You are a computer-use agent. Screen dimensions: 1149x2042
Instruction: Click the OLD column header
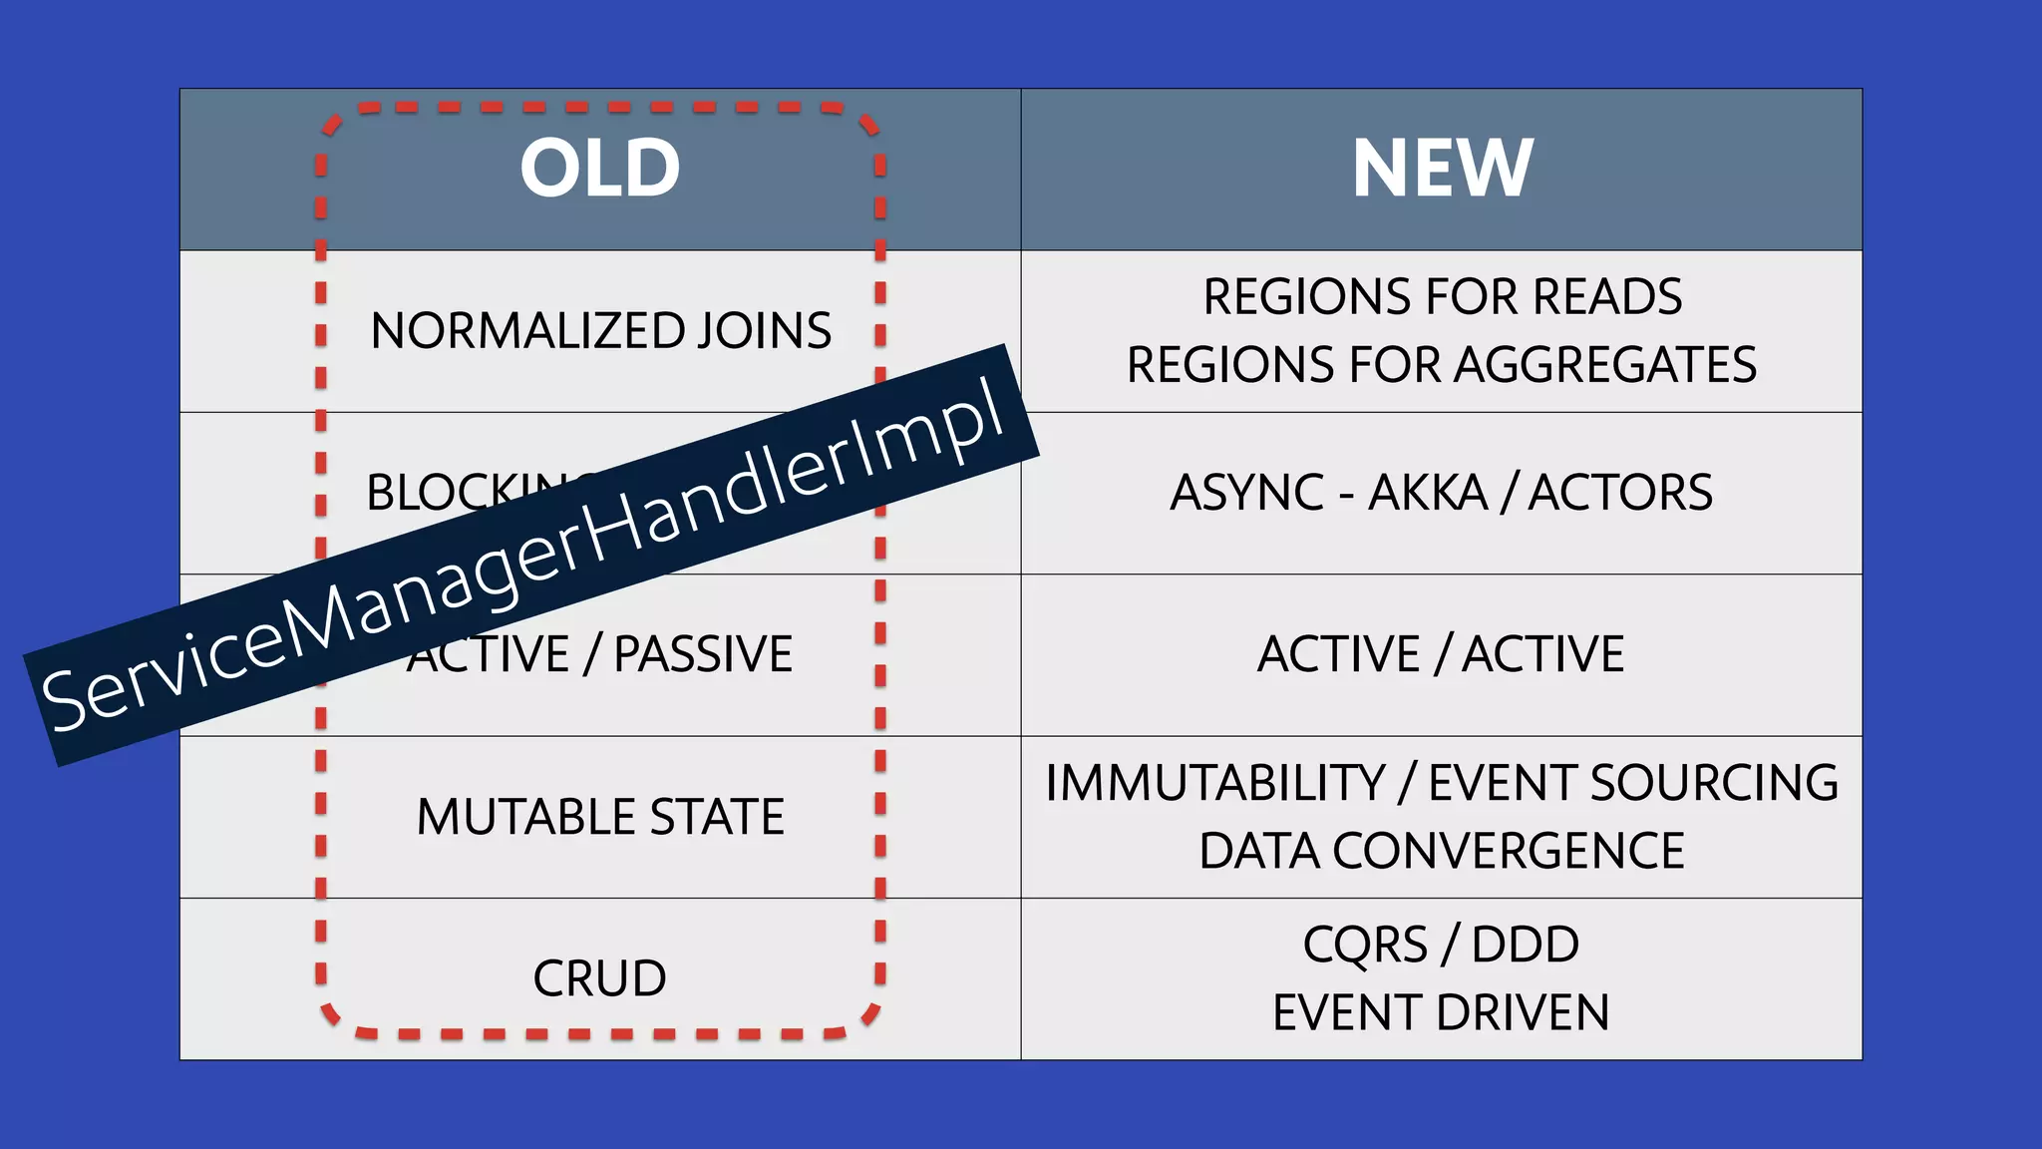coord(599,168)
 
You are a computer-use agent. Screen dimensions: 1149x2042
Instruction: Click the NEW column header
coord(1442,168)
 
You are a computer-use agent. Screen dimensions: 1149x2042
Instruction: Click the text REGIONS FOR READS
coord(1442,296)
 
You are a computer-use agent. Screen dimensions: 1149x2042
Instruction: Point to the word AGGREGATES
coord(1605,364)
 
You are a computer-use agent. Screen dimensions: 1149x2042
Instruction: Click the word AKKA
coord(1427,493)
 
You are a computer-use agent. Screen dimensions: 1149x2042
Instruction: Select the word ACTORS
coord(1620,493)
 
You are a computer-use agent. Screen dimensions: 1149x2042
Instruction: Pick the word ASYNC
coord(1246,493)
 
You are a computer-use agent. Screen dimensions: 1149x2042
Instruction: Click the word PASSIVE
coord(703,655)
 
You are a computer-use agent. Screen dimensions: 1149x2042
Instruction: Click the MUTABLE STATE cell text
coord(600,817)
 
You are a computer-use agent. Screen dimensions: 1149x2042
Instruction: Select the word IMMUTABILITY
coord(1214,783)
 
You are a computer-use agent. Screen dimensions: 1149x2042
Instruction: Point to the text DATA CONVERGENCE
coord(1441,851)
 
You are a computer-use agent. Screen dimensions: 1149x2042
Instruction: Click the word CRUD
coord(599,978)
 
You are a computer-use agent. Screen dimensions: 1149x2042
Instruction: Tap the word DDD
coord(1525,945)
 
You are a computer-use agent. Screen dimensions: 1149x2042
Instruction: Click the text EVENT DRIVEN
coord(1441,1012)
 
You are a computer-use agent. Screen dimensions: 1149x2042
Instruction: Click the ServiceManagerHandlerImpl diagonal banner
coord(528,559)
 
